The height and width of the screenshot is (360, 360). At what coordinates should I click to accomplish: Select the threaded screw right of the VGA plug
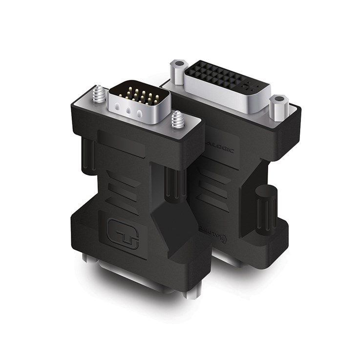point(177,120)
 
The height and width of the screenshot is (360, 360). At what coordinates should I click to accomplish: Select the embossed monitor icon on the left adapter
point(122,233)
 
